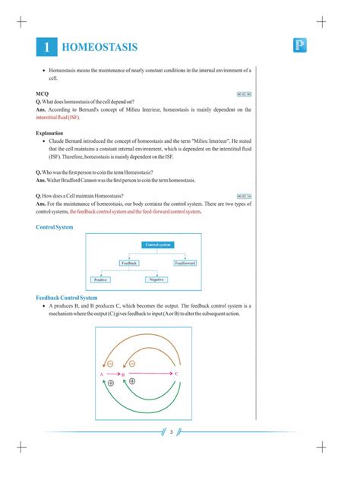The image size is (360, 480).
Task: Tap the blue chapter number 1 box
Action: click(x=46, y=48)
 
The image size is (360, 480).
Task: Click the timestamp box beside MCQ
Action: click(x=244, y=94)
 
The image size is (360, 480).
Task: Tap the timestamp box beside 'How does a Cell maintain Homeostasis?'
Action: click(x=244, y=196)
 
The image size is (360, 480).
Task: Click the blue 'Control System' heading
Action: click(x=55, y=226)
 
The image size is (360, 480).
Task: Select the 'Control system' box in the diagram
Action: click(x=156, y=245)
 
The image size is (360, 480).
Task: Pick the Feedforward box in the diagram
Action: click(x=185, y=263)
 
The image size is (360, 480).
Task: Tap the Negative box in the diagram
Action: click(x=156, y=280)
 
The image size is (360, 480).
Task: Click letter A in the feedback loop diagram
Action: click(x=101, y=374)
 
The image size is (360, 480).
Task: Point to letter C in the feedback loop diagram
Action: click(x=177, y=374)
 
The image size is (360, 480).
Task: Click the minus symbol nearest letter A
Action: click(x=111, y=365)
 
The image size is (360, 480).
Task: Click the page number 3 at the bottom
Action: click(x=172, y=433)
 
